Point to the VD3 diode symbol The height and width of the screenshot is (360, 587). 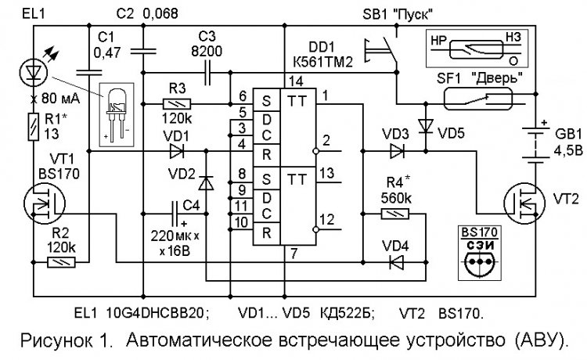click(398, 149)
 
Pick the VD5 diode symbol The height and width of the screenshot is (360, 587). click(425, 124)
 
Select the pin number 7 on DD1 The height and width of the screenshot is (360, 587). click(293, 252)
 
